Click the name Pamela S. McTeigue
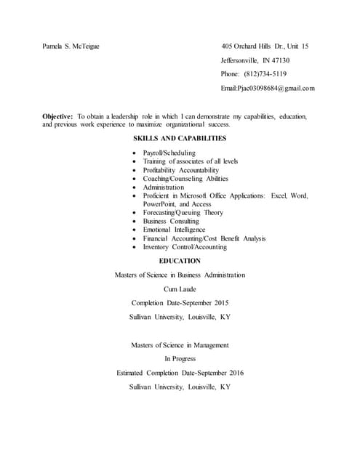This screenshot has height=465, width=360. pos(71,46)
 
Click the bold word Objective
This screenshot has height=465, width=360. pos(57,116)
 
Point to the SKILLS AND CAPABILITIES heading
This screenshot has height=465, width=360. pos(180,138)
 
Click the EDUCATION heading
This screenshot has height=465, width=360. pos(180,260)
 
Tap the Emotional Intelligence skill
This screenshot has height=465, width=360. pos(174,230)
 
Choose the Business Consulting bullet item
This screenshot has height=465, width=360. pos(170,221)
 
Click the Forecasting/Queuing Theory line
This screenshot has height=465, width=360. pos(183,213)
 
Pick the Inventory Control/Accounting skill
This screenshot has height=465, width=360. pos(185,246)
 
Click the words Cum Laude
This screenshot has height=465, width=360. pos(180,288)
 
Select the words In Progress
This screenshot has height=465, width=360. pos(180,358)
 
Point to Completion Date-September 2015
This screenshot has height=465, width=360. pos(180,302)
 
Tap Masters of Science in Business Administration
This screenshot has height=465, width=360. pos(180,275)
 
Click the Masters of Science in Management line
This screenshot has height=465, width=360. pos(180,344)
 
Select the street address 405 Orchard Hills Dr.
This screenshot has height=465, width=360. pos(256,46)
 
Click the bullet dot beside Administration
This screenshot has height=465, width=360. pos(135,187)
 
